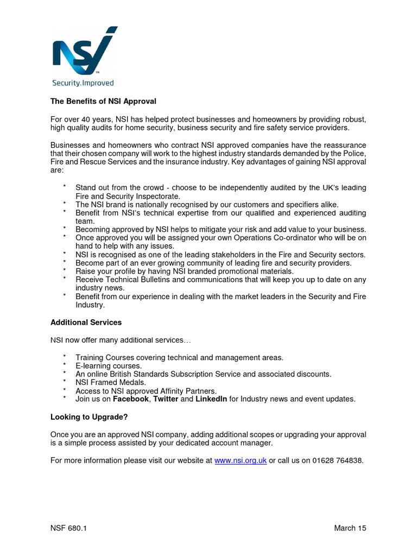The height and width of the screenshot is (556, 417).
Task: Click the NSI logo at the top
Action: point(84,50)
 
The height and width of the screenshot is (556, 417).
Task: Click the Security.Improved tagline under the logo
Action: point(83,83)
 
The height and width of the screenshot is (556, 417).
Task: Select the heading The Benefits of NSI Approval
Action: point(103,101)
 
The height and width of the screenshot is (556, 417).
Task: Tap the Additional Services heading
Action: point(86,322)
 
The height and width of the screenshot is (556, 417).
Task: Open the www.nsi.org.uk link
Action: point(241,460)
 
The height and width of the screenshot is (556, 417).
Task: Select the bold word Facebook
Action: point(130,399)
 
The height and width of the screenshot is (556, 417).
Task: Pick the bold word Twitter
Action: point(166,399)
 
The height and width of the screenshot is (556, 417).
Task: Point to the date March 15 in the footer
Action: point(350,528)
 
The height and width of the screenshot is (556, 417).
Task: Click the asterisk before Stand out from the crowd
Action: point(64,187)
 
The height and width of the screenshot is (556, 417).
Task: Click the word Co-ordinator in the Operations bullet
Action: point(295,238)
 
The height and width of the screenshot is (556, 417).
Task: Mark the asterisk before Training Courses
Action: point(64,357)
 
